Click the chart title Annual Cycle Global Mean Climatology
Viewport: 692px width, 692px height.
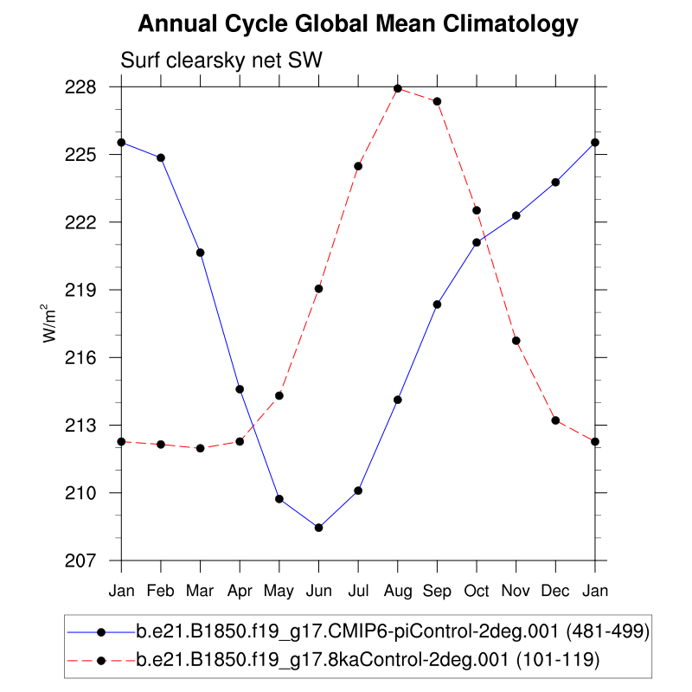pos(357,23)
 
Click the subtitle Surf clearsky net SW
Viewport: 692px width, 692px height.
pos(221,61)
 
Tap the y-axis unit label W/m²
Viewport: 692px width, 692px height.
pos(51,324)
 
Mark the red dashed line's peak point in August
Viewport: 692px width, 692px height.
pos(398,88)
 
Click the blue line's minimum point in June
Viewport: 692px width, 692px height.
pos(318,528)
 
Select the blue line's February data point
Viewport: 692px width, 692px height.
pos(161,157)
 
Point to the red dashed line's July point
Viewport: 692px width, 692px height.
pos(358,166)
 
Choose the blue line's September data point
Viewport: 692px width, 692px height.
pos(437,304)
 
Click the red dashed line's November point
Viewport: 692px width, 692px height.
pos(516,341)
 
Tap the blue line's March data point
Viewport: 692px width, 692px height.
pos(201,253)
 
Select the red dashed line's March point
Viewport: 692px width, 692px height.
pos(201,448)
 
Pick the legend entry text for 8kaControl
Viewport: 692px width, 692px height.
pos(368,660)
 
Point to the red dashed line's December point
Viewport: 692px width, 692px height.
pos(555,420)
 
